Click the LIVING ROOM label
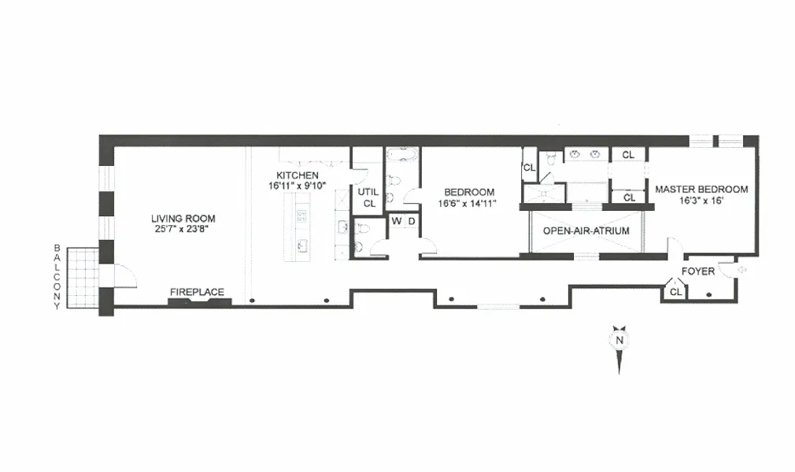[183, 218]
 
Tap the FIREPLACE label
[197, 292]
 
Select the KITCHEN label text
[297, 175]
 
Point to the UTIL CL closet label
[368, 197]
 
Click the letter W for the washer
[397, 221]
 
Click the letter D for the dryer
[411, 221]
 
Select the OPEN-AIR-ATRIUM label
[586, 231]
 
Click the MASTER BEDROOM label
[701, 189]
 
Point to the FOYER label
[698, 271]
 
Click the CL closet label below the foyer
[675, 293]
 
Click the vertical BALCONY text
[57, 277]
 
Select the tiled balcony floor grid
[82, 278]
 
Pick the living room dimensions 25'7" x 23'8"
[183, 229]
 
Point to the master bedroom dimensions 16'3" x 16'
[701, 201]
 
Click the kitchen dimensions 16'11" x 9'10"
[297, 186]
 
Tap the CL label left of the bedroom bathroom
[528, 168]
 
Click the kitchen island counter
[301, 228]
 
